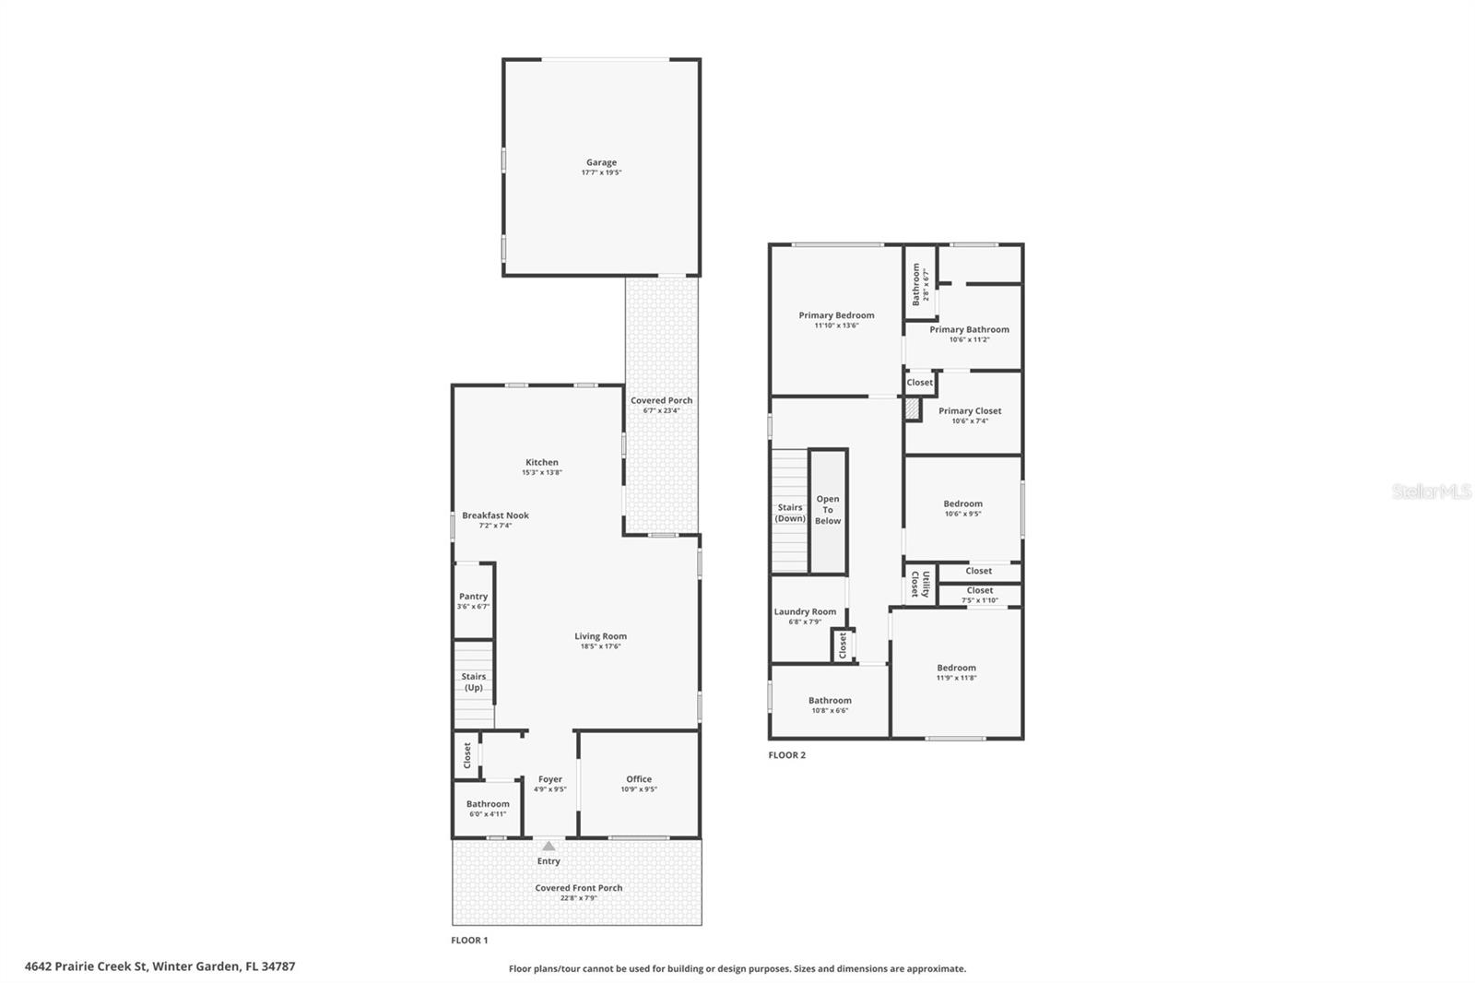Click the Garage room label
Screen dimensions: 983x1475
coord(601,162)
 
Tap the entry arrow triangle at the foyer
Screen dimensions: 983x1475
coord(549,846)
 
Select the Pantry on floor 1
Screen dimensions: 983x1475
coord(474,600)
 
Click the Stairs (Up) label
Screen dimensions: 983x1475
coord(473,681)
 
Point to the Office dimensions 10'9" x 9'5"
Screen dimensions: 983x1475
coord(639,789)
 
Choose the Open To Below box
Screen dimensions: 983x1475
coord(828,510)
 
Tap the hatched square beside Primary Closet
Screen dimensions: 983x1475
coord(913,409)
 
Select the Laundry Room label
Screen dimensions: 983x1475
coord(805,611)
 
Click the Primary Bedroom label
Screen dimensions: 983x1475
coord(836,315)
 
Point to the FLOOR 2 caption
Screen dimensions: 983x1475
coord(786,755)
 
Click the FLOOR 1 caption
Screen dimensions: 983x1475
coord(469,941)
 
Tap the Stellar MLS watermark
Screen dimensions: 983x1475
coord(1431,492)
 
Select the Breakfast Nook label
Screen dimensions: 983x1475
coord(495,515)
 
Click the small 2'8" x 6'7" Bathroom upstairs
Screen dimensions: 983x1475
coord(919,283)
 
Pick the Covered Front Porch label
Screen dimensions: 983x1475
coord(578,888)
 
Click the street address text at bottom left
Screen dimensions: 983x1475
coord(159,966)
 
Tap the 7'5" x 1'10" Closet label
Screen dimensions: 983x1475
coord(979,595)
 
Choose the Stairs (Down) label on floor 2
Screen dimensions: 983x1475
coord(789,513)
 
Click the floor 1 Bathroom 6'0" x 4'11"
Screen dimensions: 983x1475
coord(487,808)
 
